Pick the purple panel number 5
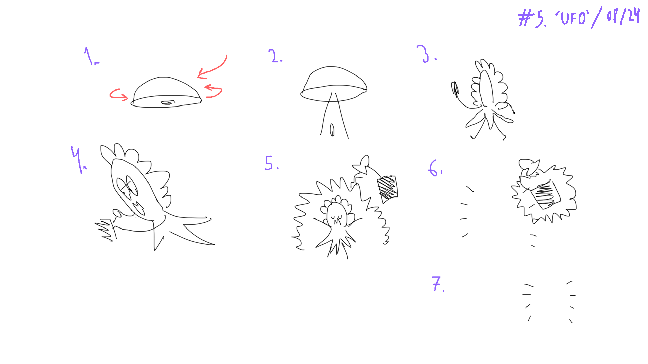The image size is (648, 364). point(271,163)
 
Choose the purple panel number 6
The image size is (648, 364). point(435,168)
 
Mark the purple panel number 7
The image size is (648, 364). point(437,284)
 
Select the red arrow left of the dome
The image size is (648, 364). point(118,95)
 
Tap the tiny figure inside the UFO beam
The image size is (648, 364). point(332,130)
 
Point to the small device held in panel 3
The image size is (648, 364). point(455,89)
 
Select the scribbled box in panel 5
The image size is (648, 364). point(387,189)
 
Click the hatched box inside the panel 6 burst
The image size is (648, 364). point(545,195)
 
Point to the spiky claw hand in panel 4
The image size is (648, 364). point(105,230)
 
